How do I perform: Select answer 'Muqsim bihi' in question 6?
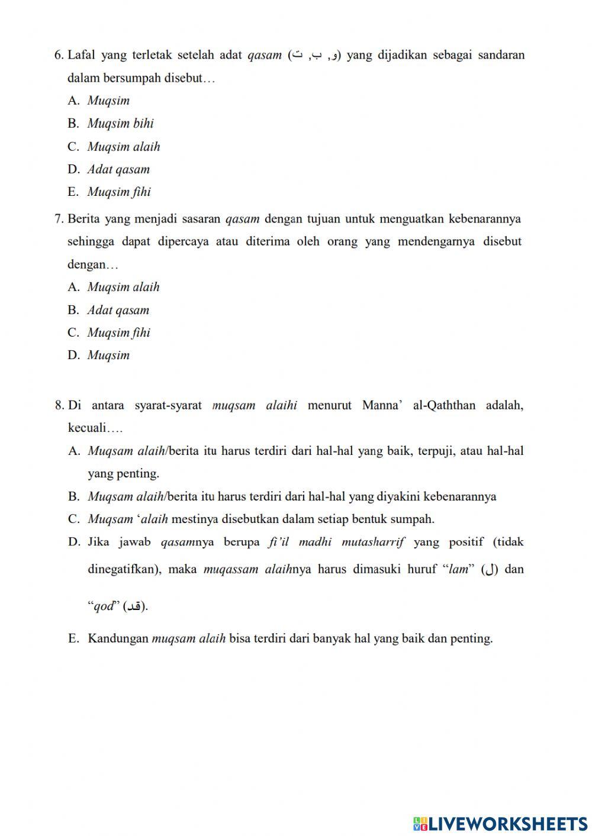click(120, 124)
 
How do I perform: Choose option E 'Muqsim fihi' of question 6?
click(118, 192)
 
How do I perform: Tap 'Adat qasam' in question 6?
click(118, 170)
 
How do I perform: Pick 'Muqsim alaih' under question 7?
click(123, 288)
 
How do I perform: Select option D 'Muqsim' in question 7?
click(108, 356)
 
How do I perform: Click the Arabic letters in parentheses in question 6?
click(314, 56)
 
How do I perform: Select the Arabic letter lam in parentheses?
click(490, 570)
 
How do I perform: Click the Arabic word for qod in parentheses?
click(134, 606)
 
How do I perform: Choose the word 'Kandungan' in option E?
click(118, 639)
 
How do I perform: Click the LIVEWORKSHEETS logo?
click(500, 823)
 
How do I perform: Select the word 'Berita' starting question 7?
click(83, 220)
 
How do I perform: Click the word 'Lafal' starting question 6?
click(81, 56)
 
